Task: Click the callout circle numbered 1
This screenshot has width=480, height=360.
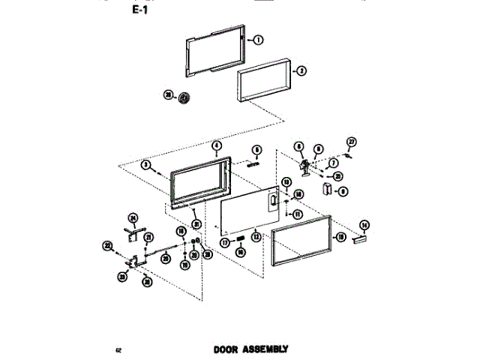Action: (257, 40)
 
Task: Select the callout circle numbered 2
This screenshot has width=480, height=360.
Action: (301, 71)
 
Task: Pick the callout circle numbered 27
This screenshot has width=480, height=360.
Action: (350, 142)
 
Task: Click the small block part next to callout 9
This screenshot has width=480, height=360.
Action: (328, 190)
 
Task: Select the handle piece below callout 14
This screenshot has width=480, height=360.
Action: (358, 238)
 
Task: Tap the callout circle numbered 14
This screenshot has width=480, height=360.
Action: (364, 224)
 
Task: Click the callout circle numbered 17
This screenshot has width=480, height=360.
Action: (224, 242)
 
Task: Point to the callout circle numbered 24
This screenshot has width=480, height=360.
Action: (133, 218)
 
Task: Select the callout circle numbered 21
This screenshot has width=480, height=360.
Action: (148, 238)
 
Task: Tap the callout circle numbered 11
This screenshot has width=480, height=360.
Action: (297, 214)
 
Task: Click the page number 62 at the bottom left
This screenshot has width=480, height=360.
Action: (118, 350)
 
